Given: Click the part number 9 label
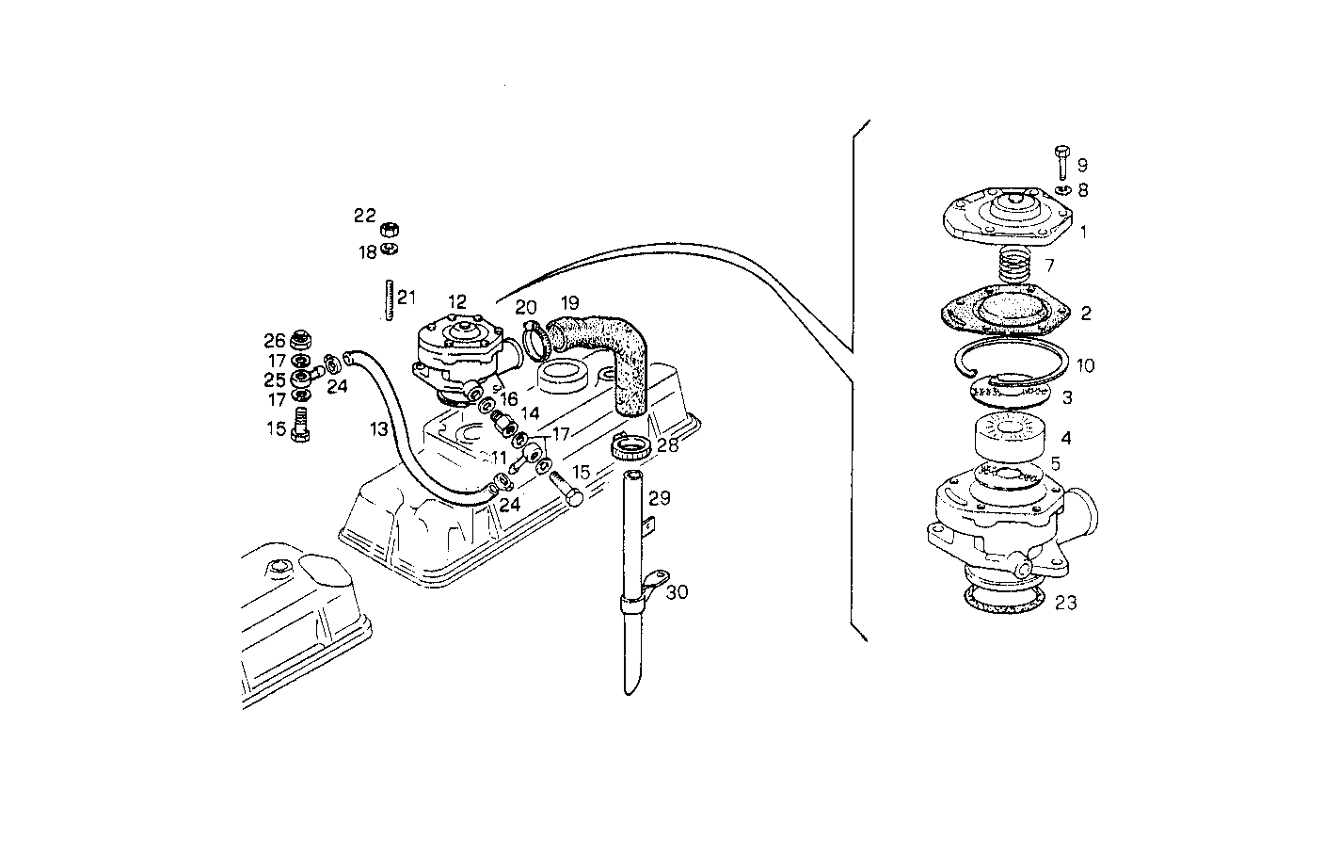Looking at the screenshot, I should coord(1082,166).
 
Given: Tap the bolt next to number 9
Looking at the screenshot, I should coord(1062,163).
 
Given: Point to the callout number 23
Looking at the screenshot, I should coord(1065,603).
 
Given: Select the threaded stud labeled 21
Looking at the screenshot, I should coord(386,298).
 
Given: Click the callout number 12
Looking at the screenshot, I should coord(457,302).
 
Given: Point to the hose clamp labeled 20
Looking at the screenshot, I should coord(534,341).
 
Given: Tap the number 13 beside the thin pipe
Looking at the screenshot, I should coord(378,429).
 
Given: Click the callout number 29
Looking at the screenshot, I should coord(659,498).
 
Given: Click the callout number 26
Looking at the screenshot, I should coord(274,340).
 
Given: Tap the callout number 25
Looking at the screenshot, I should coord(274,380).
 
